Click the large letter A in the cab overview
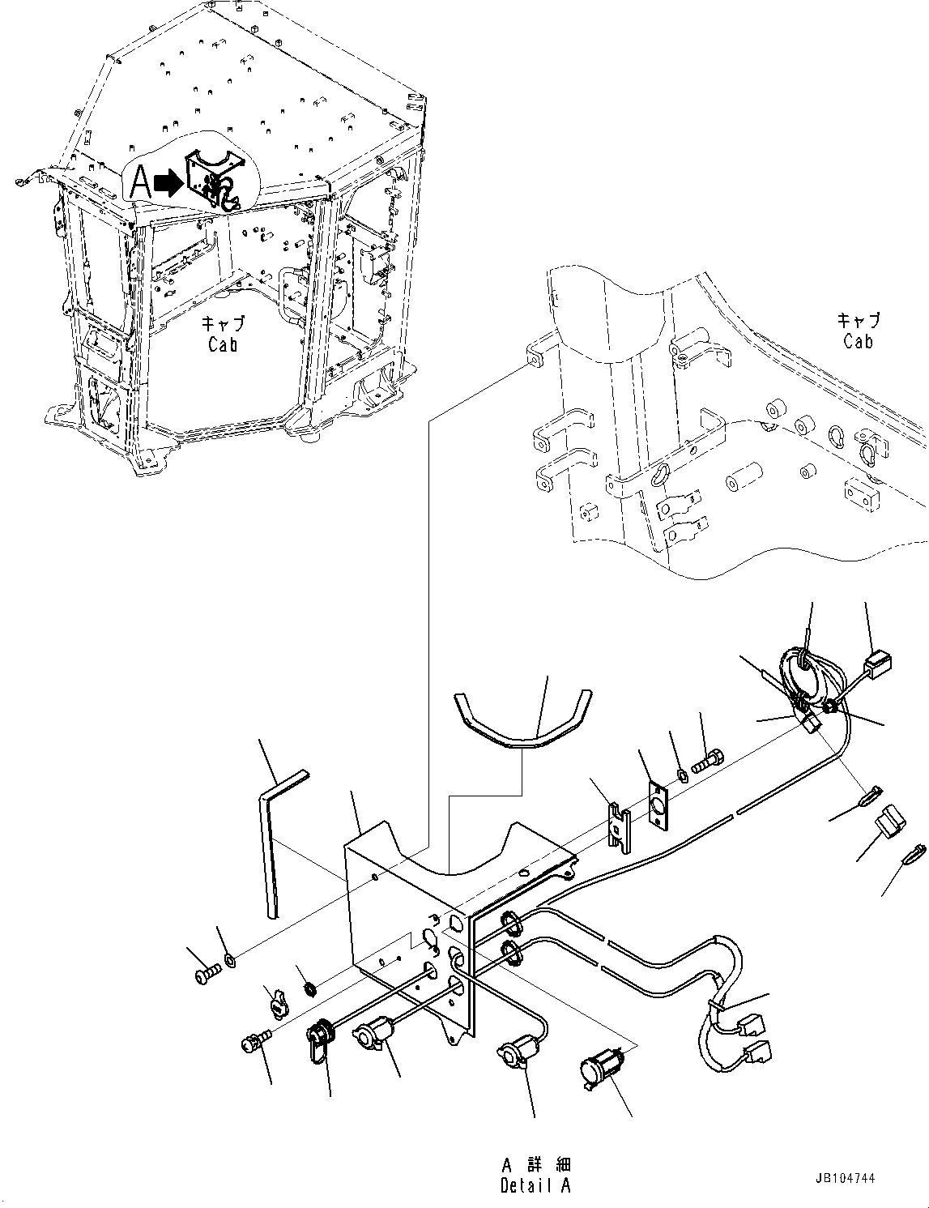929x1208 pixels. pos(140,183)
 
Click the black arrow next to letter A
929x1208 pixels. pos(168,185)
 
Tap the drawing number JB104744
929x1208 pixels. pos(846,1180)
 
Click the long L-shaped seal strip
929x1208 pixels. pos(273,843)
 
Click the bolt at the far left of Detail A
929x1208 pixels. pos(206,975)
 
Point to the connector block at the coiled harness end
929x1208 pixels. pos(877,667)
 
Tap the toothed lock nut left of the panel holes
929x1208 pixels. pos(309,989)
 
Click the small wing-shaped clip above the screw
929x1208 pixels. pos(278,1005)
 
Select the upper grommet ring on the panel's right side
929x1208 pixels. pos(512,922)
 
